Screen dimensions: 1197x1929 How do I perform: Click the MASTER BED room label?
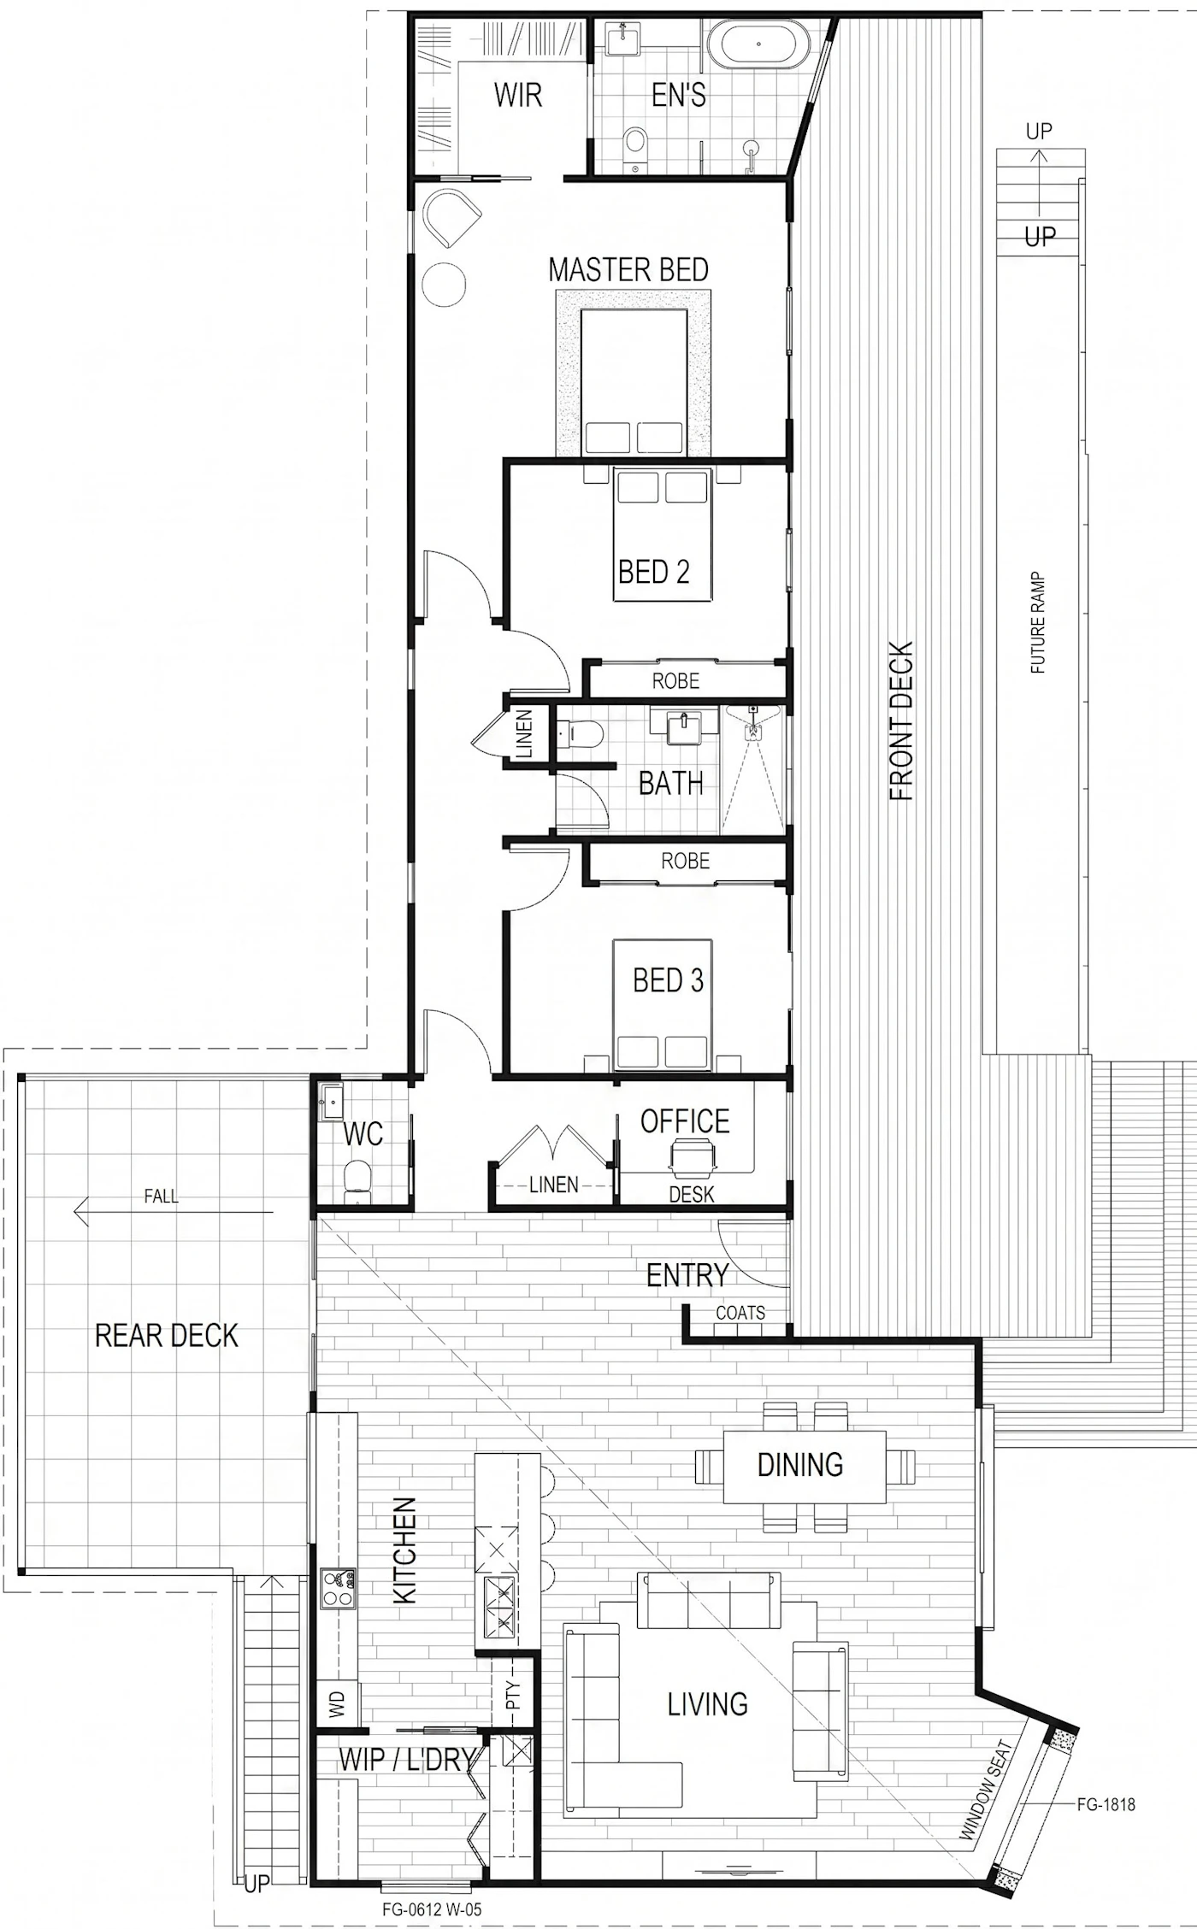pyautogui.click(x=628, y=270)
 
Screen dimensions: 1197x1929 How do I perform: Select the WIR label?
pyautogui.click(x=518, y=95)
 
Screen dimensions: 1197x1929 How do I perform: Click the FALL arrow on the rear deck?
pyautogui.click(x=174, y=1212)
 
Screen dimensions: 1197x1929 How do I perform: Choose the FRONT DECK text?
pyautogui.click(x=902, y=721)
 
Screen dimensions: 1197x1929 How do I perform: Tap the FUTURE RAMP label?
pyautogui.click(x=1038, y=622)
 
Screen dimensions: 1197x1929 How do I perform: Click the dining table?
pyautogui.click(x=805, y=1467)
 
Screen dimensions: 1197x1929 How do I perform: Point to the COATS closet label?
pyautogui.click(x=740, y=1313)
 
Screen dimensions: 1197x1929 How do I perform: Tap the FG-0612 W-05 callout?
pyautogui.click(x=425, y=1909)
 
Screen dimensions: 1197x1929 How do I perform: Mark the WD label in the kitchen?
pyautogui.click(x=336, y=1703)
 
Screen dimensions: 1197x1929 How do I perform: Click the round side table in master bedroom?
pyautogui.click(x=445, y=282)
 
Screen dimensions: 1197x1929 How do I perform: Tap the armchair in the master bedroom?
pyautogui.click(x=451, y=219)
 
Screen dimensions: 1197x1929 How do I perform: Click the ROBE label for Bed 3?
pyautogui.click(x=685, y=861)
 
